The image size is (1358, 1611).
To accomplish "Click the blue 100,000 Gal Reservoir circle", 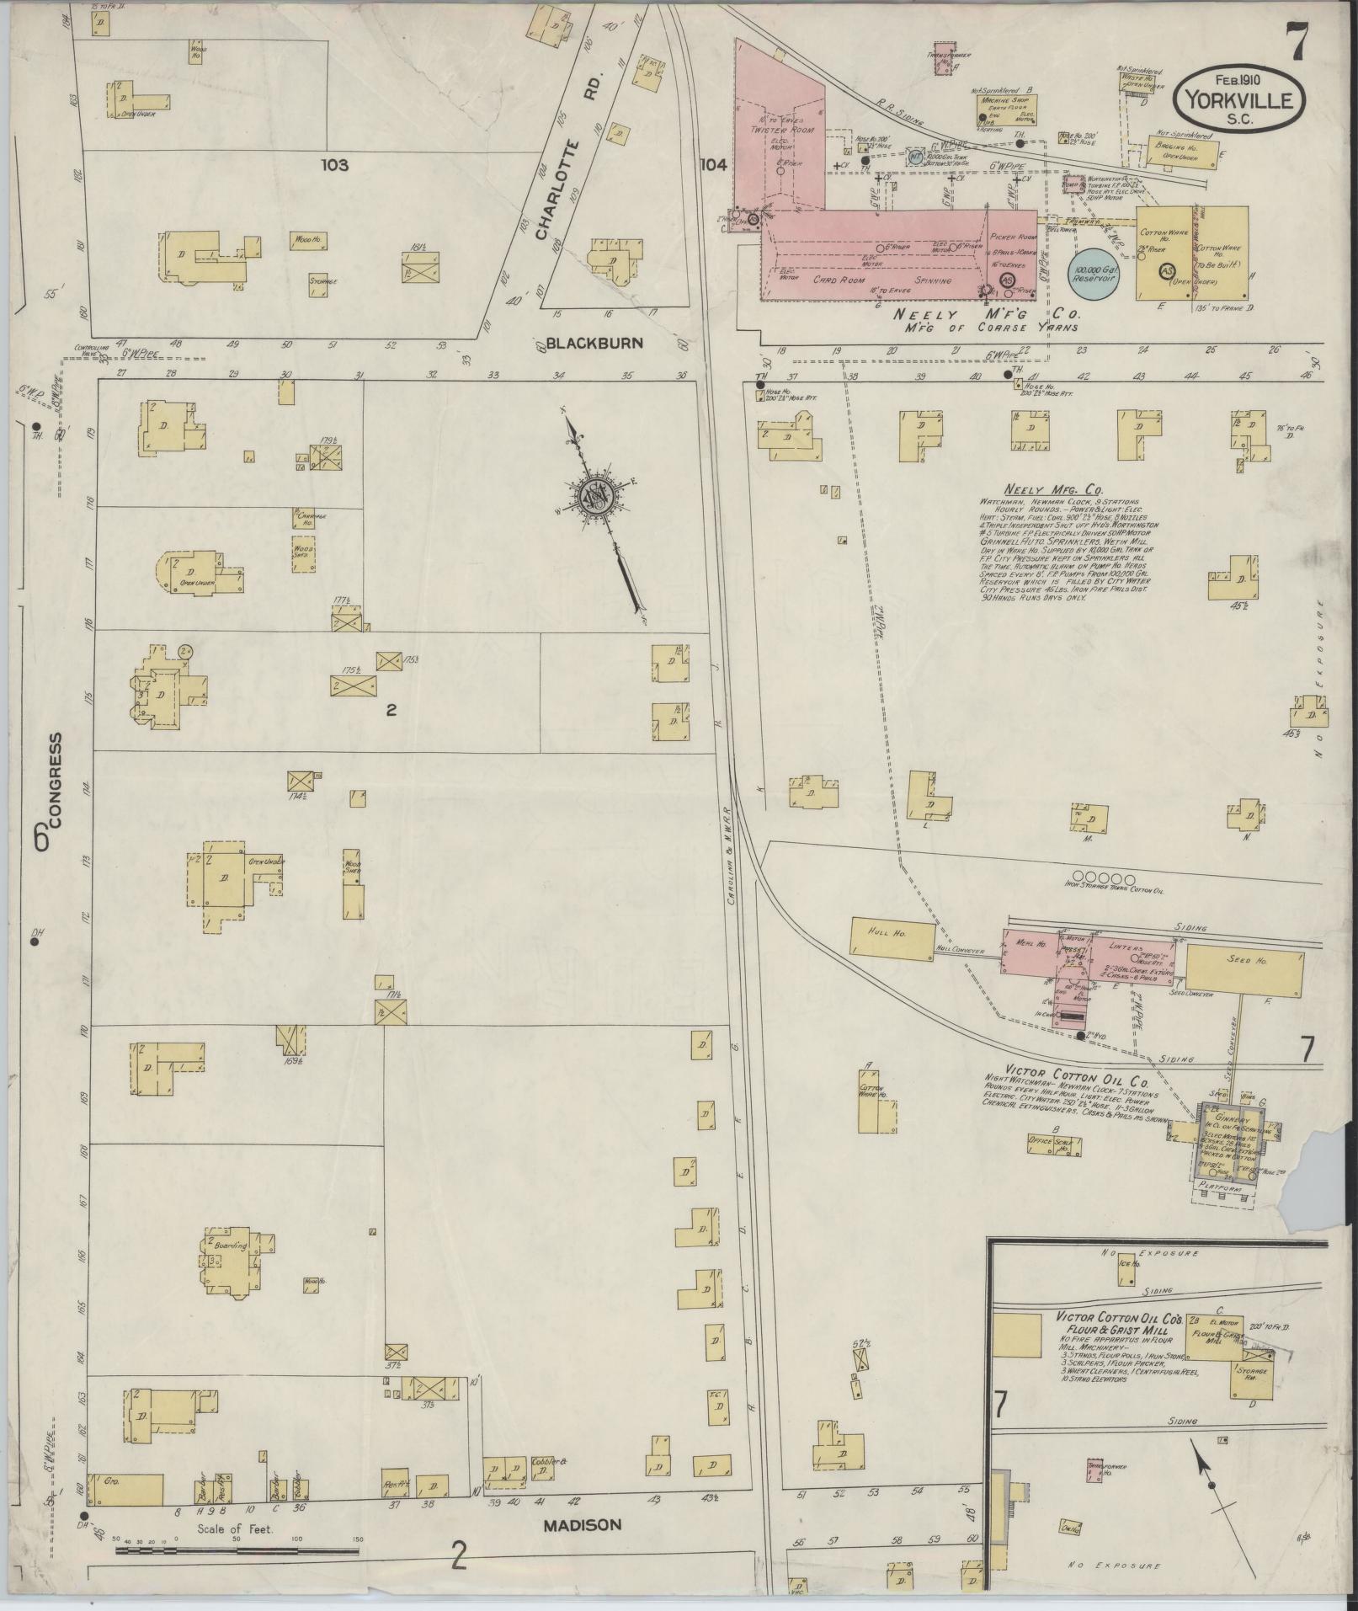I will (x=1092, y=270).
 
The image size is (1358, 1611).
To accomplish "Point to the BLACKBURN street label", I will (x=594, y=343).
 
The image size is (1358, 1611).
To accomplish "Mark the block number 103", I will (x=334, y=166).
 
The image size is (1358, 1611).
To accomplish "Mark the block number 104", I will (x=712, y=166).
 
